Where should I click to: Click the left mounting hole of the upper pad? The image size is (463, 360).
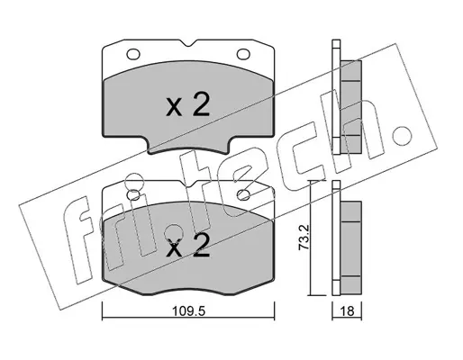click(133, 54)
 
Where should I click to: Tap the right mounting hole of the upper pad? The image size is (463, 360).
click(243, 54)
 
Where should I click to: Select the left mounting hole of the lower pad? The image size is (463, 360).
click(133, 195)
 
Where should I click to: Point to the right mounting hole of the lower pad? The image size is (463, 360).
click(243, 195)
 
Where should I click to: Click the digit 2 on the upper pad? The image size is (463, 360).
click(201, 104)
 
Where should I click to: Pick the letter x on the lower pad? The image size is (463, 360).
click(174, 248)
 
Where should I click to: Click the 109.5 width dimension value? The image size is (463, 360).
click(188, 311)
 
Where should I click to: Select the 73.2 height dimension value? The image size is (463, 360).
click(304, 238)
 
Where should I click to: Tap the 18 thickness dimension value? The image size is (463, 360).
click(348, 311)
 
